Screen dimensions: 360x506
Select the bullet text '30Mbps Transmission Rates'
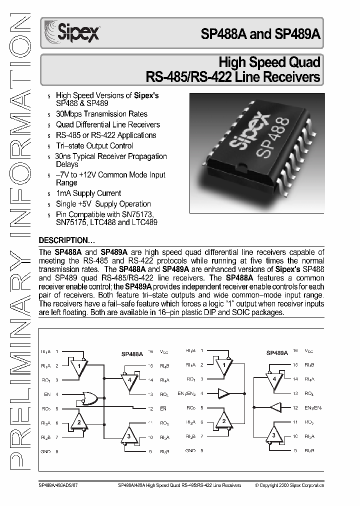pyautogui.click(x=101, y=114)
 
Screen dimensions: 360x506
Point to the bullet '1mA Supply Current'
pyautogui.click(x=88, y=193)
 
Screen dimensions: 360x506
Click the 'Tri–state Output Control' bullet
pyautogui.click(x=94, y=145)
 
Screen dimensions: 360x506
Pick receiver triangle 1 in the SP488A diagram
pyautogui.click(x=78, y=369)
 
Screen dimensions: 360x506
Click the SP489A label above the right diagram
pyautogui.click(x=277, y=352)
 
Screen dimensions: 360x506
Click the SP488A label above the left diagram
pyautogui.click(x=132, y=353)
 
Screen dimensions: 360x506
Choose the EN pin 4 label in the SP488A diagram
pyautogui.click(x=47, y=394)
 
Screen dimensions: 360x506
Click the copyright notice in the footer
pyautogui.click(x=289, y=485)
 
